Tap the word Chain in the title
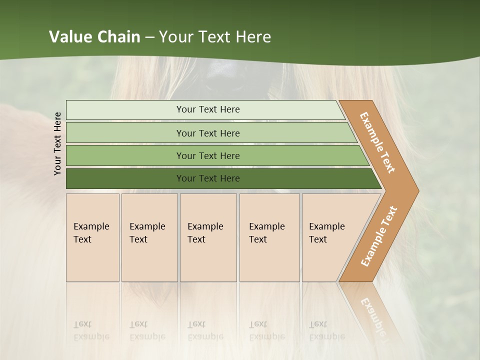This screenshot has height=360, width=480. click(119, 37)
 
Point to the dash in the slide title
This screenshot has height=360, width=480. click(149, 37)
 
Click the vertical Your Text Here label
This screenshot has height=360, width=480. click(57, 143)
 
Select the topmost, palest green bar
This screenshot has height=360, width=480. click(205, 109)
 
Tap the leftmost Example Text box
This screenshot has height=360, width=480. click(92, 237)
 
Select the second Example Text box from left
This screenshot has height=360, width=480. click(149, 237)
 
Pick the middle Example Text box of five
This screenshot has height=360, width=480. click(208, 237)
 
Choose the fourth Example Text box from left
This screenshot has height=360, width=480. click(269, 237)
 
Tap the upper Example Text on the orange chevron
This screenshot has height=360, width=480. click(377, 142)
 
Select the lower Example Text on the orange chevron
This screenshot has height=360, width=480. click(378, 236)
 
